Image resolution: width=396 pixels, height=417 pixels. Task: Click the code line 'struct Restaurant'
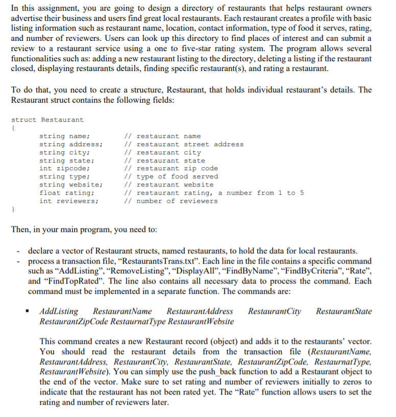click(x=47, y=120)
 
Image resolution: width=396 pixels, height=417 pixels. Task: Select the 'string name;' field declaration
click(x=64, y=136)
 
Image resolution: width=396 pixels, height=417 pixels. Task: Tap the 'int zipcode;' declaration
click(x=64, y=168)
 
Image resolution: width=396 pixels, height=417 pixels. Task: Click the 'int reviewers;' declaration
click(x=68, y=201)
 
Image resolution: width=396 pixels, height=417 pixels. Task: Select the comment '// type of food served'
click(x=171, y=176)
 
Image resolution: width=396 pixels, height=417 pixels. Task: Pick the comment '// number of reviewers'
click(x=171, y=201)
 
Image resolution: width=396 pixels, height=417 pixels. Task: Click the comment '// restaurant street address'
click(x=184, y=144)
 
